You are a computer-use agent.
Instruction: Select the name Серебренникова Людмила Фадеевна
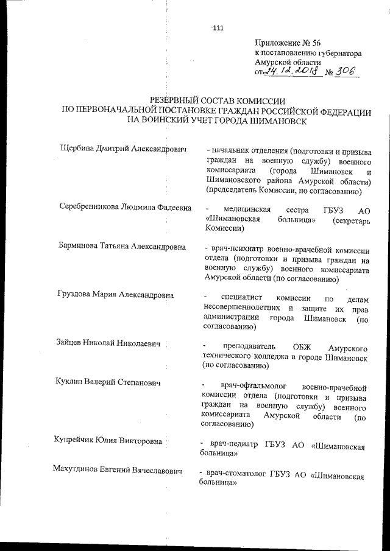point(126,208)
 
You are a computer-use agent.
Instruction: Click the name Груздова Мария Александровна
point(116,295)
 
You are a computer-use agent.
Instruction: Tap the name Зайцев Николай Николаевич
point(110,345)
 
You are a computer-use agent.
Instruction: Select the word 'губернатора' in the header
point(339,53)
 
